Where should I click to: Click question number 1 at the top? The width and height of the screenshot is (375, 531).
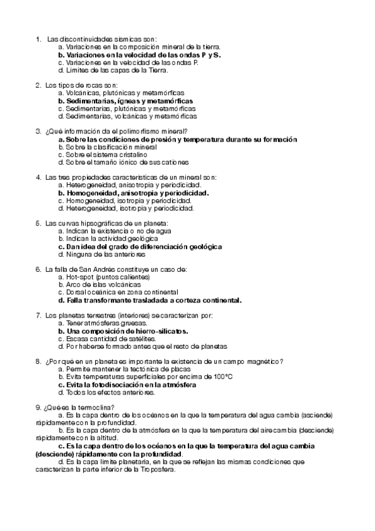[x=39, y=39]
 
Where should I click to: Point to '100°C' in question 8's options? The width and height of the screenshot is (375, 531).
[x=222, y=377]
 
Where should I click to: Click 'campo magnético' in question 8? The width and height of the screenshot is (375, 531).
[x=257, y=361]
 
